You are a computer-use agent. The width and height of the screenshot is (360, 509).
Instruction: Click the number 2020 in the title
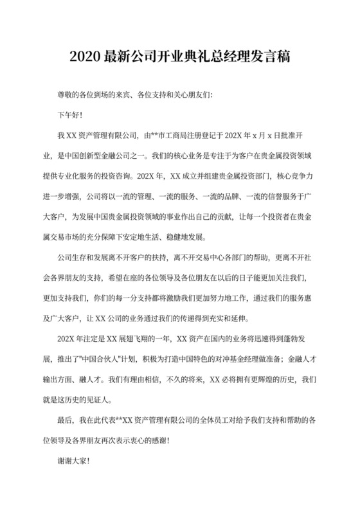pyautogui.click(x=85, y=57)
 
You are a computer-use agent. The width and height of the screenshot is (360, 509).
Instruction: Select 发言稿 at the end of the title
pyautogui.click(x=269, y=57)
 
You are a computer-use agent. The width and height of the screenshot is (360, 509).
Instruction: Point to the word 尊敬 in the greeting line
pyautogui.click(x=66, y=95)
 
